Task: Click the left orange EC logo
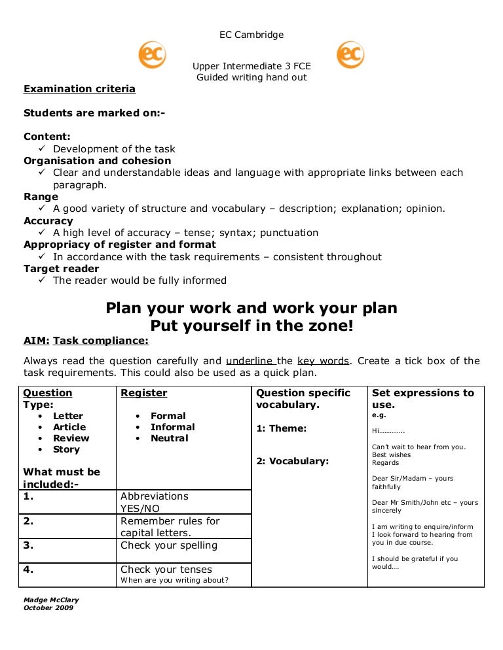(x=152, y=55)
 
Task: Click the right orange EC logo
(x=350, y=55)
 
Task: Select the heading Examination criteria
(x=79, y=89)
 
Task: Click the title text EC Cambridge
(x=251, y=35)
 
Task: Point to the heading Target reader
(x=62, y=269)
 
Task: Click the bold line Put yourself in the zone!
(x=251, y=325)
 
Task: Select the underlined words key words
(x=324, y=361)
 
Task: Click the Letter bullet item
(x=68, y=416)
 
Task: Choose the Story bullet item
(x=66, y=449)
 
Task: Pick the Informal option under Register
(x=172, y=427)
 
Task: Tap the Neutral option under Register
(x=169, y=438)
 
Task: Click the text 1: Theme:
(x=281, y=429)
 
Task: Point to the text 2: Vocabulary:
(x=292, y=461)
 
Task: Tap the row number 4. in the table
(x=29, y=570)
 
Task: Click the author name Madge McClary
(x=51, y=600)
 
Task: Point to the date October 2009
(x=48, y=607)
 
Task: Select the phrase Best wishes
(x=391, y=454)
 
